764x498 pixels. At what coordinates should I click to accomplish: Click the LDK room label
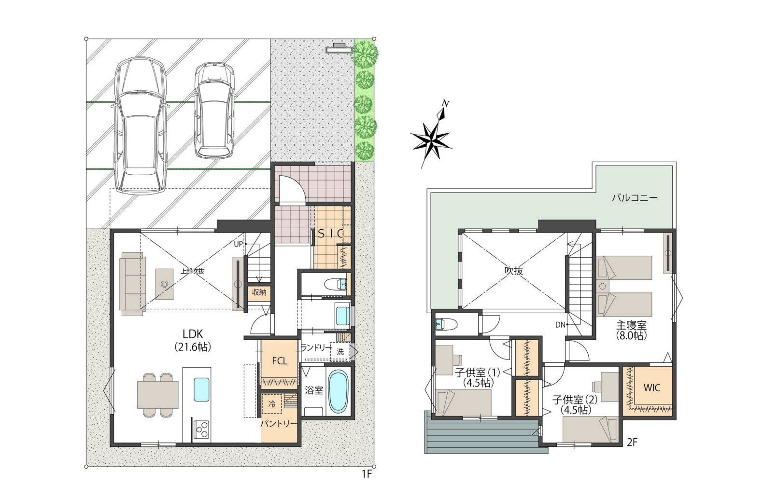pyautogui.click(x=193, y=334)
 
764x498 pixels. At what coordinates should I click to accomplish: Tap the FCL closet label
pyautogui.click(x=280, y=361)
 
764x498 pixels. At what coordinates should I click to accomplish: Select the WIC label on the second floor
pyautogui.click(x=652, y=387)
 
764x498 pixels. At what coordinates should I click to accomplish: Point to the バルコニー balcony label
pyautogui.click(x=635, y=198)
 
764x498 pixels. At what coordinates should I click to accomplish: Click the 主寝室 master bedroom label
pyautogui.click(x=631, y=325)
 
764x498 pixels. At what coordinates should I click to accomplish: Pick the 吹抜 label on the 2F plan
pyautogui.click(x=514, y=271)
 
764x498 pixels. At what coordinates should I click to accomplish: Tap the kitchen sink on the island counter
pyautogui.click(x=201, y=389)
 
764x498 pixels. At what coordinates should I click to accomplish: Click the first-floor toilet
pyautogui.click(x=336, y=284)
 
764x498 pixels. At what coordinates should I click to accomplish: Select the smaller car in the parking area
pyautogui.click(x=214, y=110)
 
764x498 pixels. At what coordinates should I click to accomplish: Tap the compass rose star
pyautogui.click(x=431, y=140)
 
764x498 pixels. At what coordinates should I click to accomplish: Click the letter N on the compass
pyautogui.click(x=445, y=103)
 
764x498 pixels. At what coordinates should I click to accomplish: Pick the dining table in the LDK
pyautogui.click(x=157, y=395)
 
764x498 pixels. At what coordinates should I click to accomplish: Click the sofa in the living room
pyautogui.click(x=133, y=284)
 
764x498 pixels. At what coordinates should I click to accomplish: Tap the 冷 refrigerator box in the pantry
pyautogui.click(x=272, y=404)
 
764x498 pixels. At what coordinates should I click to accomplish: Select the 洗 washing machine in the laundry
pyautogui.click(x=340, y=352)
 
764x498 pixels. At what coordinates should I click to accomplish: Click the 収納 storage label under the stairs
pyautogui.click(x=259, y=292)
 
